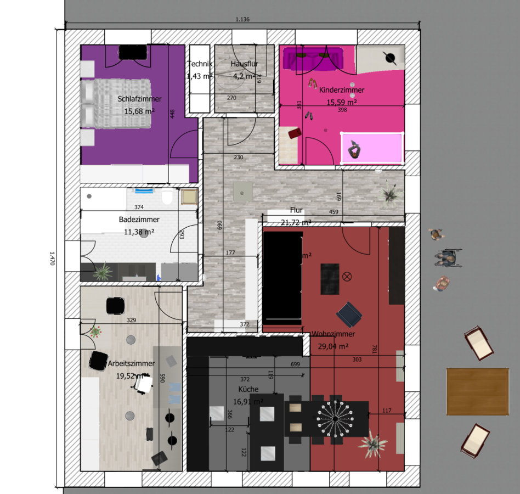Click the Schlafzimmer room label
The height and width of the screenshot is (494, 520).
pos(139,99)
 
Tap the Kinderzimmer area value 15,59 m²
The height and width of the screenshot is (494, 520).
pos(342,102)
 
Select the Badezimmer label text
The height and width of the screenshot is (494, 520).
pos(139,220)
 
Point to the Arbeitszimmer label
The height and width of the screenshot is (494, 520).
pos(131,363)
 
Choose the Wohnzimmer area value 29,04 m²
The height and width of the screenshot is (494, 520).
pos(333,346)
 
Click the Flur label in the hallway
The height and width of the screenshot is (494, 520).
pos(296,210)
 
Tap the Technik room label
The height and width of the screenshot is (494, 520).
pos(199,64)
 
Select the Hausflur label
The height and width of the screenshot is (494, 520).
pos(244,64)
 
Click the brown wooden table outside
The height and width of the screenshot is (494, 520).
pos(477,391)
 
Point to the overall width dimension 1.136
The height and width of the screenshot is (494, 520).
pos(242,20)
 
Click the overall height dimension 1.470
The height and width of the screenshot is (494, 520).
pos(53,258)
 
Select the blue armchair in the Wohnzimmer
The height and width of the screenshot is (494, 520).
pos(349,314)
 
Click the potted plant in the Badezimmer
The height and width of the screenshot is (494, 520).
pos(102,271)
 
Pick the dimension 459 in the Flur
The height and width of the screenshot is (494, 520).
pos(333,212)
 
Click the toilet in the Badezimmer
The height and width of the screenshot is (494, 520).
pos(168,198)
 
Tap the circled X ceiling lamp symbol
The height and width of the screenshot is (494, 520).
pos(346,276)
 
